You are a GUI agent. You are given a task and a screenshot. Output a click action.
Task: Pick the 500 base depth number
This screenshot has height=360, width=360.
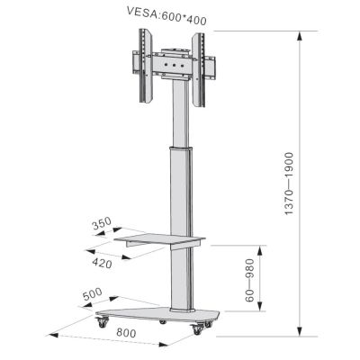coord(92,293)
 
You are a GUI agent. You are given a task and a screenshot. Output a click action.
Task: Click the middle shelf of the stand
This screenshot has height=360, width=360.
coord(162,239)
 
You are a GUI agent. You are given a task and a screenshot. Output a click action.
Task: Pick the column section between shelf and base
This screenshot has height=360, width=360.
coord(179,279)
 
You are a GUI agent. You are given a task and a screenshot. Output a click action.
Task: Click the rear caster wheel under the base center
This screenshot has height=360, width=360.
coord(163,320)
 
